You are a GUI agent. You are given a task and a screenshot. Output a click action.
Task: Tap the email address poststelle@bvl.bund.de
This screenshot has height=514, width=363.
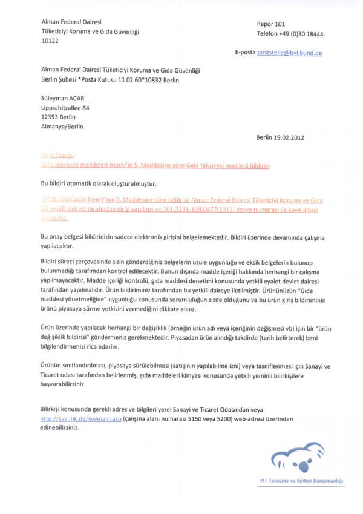coord(290,53)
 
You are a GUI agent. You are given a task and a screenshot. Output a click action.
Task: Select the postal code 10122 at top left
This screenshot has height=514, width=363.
coord(50,41)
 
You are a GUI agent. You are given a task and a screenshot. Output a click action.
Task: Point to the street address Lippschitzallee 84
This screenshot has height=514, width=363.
coord(65,107)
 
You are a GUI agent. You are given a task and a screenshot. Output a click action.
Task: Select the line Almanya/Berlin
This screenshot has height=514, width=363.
coord(62,127)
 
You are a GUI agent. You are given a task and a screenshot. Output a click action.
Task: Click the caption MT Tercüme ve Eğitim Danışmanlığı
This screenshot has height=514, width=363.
coord(302,481)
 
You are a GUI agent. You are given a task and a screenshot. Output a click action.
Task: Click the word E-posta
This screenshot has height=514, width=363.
coord(245,53)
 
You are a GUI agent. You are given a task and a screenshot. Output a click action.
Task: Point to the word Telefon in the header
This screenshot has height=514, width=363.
coord(267,33)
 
